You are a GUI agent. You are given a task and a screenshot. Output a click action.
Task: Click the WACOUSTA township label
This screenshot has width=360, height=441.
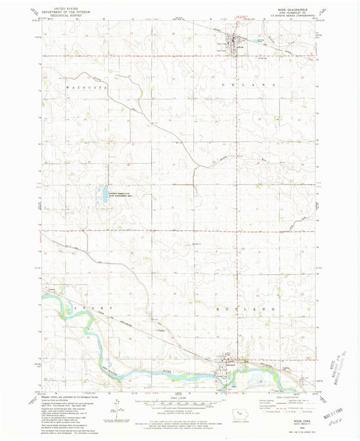[x=84, y=88]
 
